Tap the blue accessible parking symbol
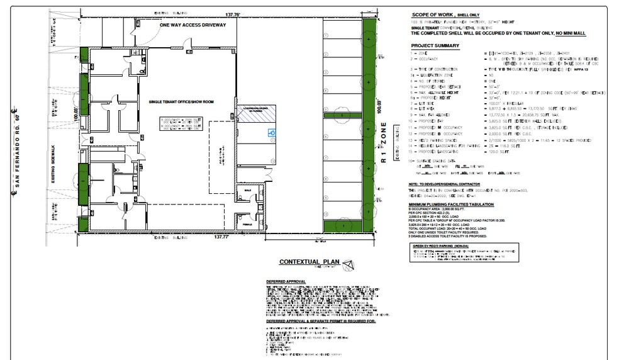click(x=272, y=133)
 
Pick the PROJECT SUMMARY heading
click(x=435, y=46)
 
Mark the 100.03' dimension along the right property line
click(x=380, y=103)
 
